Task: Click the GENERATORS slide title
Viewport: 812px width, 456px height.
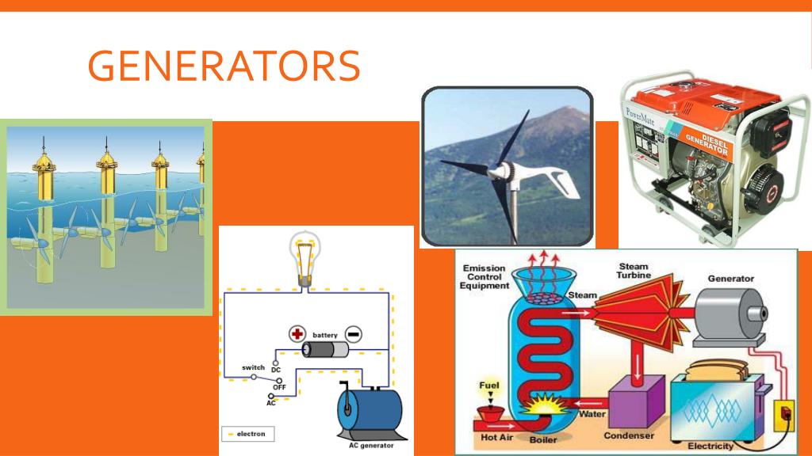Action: [224, 66]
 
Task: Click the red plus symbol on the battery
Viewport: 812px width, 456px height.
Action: [298, 334]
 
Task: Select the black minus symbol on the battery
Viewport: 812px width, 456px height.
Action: [354, 334]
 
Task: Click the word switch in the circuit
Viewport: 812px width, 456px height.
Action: [253, 368]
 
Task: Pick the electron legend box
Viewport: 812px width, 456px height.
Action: [247, 434]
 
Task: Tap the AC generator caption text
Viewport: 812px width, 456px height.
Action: [371, 445]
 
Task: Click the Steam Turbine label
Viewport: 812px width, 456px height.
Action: [634, 272]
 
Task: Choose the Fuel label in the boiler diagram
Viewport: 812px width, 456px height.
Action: [488, 386]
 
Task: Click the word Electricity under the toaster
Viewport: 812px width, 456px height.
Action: [710, 446]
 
